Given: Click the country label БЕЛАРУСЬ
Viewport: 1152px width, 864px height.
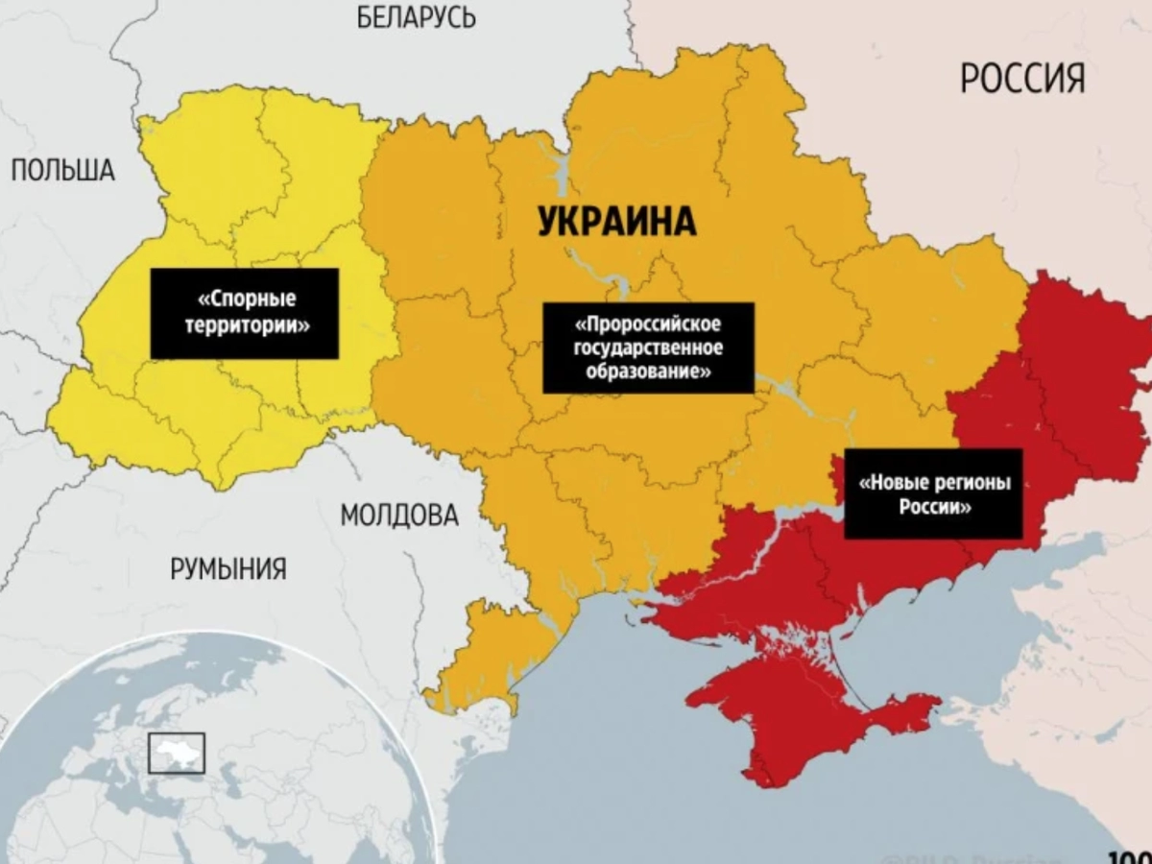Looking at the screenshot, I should point(416,17).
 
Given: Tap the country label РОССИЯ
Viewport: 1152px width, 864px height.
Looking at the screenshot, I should point(1022,79).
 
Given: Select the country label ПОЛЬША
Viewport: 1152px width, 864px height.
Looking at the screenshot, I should point(62,171).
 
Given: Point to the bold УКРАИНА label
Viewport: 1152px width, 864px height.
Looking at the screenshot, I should point(616,223).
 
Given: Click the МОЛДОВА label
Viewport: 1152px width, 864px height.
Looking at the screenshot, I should point(398,516).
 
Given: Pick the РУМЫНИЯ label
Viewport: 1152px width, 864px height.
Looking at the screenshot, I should point(228,568).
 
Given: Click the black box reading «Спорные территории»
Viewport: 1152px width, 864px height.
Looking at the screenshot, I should point(244,313).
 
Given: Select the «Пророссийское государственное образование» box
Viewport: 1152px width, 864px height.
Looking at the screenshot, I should point(648,348).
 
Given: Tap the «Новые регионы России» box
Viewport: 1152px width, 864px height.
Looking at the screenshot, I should point(933,493).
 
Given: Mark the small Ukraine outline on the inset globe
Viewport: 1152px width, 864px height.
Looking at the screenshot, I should point(177,751).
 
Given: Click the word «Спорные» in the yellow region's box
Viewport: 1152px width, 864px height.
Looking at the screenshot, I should point(244,300).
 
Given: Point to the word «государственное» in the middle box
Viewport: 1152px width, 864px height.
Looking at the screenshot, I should point(648,348).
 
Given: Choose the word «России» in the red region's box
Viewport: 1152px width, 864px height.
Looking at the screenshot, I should point(933,507).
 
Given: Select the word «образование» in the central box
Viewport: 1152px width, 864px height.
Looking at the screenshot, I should point(648,371).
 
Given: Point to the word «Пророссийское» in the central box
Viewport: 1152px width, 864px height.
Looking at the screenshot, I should point(648,324).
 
